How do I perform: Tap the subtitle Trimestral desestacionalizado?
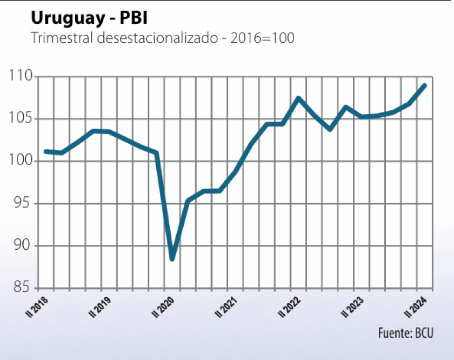tap(162, 39)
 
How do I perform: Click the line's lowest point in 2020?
tap(172, 259)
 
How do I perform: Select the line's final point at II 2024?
tap(424, 85)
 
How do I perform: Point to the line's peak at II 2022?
tap(298, 98)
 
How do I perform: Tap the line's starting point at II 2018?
tap(45, 151)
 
